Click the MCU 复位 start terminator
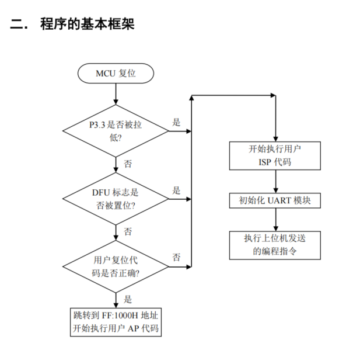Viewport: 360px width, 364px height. pyautogui.click(x=116, y=74)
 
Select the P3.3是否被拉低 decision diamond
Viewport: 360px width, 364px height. pyautogui.click(x=116, y=131)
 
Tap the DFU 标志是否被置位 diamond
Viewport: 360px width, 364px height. pyautogui.click(x=116, y=199)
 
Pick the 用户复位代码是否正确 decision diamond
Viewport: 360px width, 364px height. pyautogui.click(x=116, y=266)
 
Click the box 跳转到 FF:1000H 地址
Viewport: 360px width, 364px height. pyautogui.click(x=116, y=322)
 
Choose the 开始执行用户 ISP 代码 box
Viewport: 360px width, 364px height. pyautogui.click(x=275, y=156)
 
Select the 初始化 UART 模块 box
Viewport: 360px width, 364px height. pyautogui.click(x=275, y=200)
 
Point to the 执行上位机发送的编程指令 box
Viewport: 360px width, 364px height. pyautogui.click(x=275, y=245)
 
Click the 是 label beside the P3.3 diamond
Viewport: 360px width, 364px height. pyautogui.click(x=176, y=122)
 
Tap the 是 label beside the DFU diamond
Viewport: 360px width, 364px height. pyautogui.click(x=176, y=190)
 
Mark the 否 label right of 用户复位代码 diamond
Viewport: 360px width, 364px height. pyautogui.click(x=176, y=257)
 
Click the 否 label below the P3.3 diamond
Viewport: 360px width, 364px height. pyautogui.click(x=128, y=164)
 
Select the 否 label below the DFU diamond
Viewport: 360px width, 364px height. pyautogui.click(x=128, y=232)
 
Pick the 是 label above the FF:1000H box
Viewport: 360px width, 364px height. pyautogui.click(x=128, y=299)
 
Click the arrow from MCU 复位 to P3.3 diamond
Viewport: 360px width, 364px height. pyautogui.click(x=116, y=94)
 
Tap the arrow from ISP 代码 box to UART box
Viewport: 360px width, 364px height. pyautogui.click(x=275, y=181)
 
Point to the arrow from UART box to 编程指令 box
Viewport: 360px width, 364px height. pyautogui.click(x=275, y=220)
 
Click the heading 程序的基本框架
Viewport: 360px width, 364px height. pyautogui.click(x=87, y=24)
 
